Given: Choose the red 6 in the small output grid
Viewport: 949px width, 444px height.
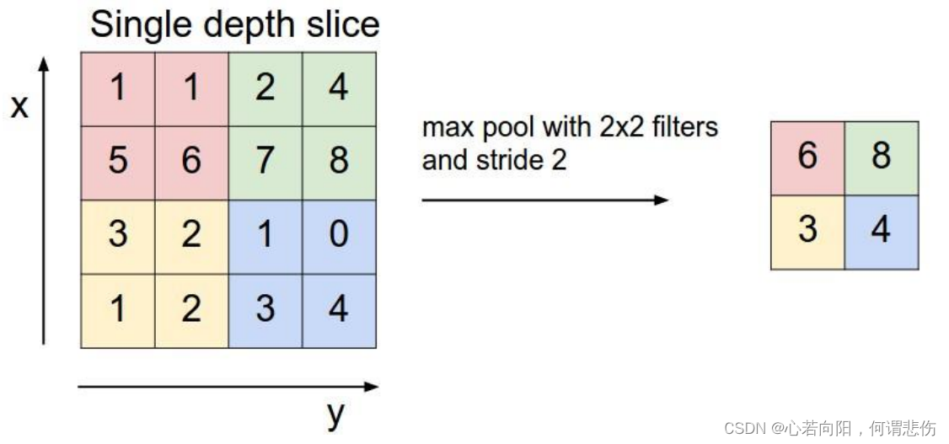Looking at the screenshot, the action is tap(807, 158).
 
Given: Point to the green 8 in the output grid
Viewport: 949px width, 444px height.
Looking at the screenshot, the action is tap(882, 158).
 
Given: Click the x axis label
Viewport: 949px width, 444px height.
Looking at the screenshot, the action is tap(19, 107).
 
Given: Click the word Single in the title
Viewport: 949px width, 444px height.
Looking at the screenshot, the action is tap(136, 25).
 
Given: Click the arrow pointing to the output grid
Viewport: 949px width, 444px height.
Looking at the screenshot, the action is tap(544, 201).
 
